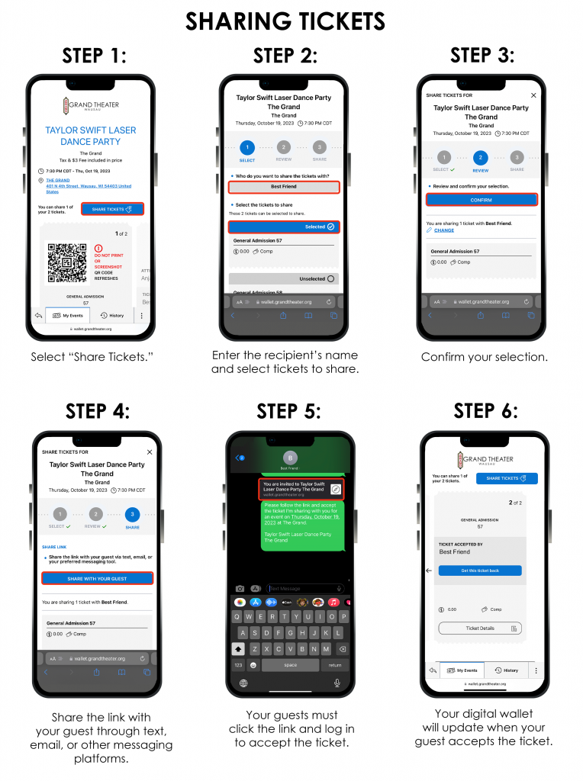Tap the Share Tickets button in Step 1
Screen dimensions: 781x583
point(111,209)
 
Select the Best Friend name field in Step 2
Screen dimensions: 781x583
point(283,186)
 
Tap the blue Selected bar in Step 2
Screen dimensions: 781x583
point(283,227)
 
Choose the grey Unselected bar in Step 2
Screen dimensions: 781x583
point(283,279)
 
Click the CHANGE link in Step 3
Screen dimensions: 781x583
point(443,230)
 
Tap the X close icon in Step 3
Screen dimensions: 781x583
point(533,95)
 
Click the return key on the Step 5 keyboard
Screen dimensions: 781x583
point(335,665)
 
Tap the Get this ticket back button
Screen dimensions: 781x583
point(480,570)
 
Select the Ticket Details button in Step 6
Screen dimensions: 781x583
point(480,628)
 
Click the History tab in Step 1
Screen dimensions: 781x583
point(112,315)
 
